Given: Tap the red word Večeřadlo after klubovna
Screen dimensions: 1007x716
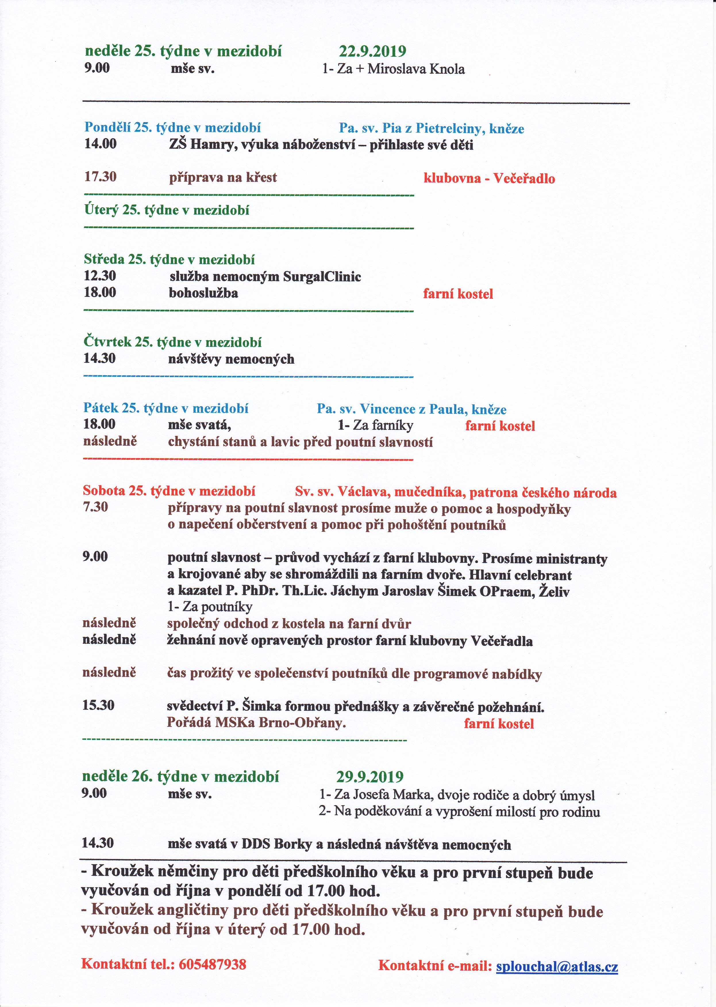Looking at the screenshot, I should click(x=524, y=178).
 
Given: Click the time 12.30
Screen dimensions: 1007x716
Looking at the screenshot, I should click(x=100, y=276).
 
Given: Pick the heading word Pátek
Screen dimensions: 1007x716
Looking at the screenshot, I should click(x=101, y=408).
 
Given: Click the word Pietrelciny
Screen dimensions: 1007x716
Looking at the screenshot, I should click(x=449, y=129).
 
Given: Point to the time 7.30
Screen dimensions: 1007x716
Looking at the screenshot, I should click(x=95, y=507).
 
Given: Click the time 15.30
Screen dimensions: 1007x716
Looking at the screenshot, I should click(x=98, y=705).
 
